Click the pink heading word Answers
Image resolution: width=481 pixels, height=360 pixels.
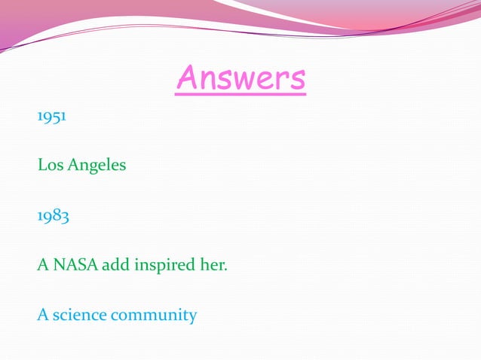tap(241, 78)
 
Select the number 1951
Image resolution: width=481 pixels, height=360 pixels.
tap(51, 118)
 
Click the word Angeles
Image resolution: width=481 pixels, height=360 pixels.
tap(97, 166)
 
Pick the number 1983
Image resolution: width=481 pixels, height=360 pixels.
tap(54, 216)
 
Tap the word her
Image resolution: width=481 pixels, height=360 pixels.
tap(213, 265)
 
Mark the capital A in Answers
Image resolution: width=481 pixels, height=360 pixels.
tap(186, 78)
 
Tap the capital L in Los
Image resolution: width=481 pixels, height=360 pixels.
tap(41, 165)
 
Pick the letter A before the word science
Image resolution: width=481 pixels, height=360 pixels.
tap(42, 315)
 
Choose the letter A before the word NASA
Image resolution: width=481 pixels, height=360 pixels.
tap(42, 265)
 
